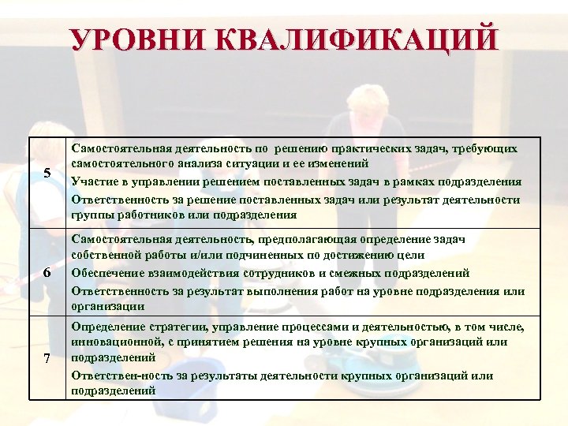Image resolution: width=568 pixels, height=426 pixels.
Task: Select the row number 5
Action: point(47,175)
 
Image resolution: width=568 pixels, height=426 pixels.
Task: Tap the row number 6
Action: point(47,272)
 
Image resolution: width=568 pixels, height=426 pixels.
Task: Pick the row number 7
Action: point(47,359)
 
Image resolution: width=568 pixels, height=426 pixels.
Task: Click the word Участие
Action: point(95,181)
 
